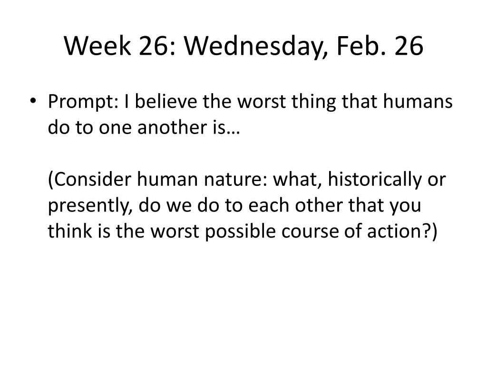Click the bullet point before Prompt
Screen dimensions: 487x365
33,101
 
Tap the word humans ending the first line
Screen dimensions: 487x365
418,101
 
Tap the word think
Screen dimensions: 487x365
70,231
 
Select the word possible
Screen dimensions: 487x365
240,232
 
